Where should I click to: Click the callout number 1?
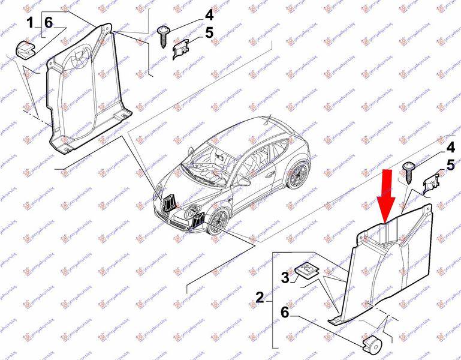(x=29, y=23)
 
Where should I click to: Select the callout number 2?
(x=260, y=296)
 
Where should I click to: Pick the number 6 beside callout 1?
(x=49, y=23)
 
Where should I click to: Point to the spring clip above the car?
(x=180, y=50)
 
